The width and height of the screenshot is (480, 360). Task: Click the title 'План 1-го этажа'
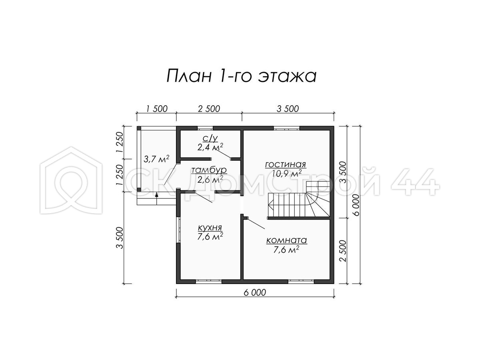[241, 76]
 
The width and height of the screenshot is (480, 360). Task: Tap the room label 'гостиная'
[285, 164]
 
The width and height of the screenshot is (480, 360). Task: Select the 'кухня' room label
[210, 228]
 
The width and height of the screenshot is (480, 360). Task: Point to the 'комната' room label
[286, 240]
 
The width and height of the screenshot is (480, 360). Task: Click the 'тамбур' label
[209, 170]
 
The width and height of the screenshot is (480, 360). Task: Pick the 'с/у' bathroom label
[210, 138]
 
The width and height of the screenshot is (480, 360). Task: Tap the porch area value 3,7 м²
[156, 159]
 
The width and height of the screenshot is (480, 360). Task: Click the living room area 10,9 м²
[287, 174]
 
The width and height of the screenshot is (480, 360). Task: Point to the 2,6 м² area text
[210, 180]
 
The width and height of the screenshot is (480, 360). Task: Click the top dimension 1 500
[156, 109]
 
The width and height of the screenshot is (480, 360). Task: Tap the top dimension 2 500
[209, 109]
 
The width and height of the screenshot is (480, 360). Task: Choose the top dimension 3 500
[288, 109]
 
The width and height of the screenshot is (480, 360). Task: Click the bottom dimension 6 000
[255, 292]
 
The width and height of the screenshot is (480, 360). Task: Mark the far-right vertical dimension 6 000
[356, 205]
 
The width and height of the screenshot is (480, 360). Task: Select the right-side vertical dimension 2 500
[344, 251]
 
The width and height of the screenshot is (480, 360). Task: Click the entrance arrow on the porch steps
[156, 198]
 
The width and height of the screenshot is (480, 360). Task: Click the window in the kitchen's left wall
[178, 230]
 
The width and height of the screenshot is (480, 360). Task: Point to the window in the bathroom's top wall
[205, 128]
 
